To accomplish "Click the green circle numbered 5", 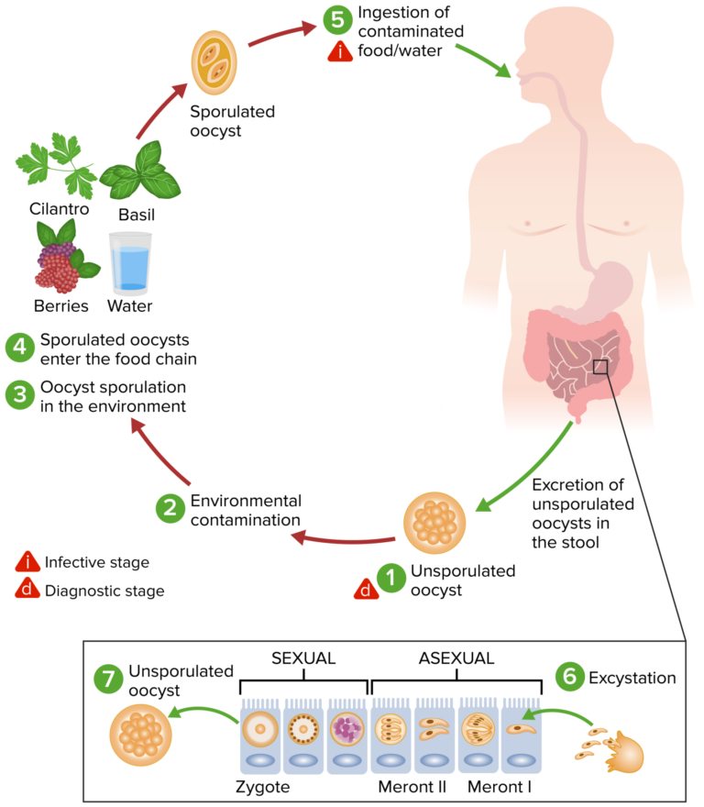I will pyautogui.click(x=336, y=18).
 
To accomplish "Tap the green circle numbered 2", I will pyautogui.click(x=170, y=509).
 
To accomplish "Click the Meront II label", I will pyautogui.click(x=412, y=787).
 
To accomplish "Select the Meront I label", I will pyautogui.click(x=500, y=787).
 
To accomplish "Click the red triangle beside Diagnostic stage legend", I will pyautogui.click(x=27, y=590).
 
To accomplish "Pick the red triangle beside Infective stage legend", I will pyautogui.click(x=27, y=561).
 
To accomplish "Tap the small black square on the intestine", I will pyautogui.click(x=601, y=367).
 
